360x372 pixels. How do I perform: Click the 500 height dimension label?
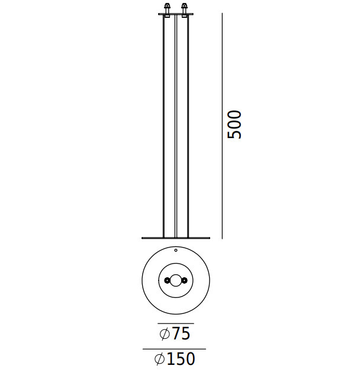[x=234, y=124]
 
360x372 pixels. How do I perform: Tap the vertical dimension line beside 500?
[x=222, y=126]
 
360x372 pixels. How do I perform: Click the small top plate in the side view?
[x=176, y=14]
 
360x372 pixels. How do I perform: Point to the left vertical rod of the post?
[x=163, y=126]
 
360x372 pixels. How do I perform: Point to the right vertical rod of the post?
[x=188, y=126]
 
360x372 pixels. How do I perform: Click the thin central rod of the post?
[x=176, y=126]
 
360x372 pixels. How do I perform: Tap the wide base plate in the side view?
[x=176, y=238]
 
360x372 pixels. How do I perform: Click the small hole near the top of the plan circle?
[x=176, y=250]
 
